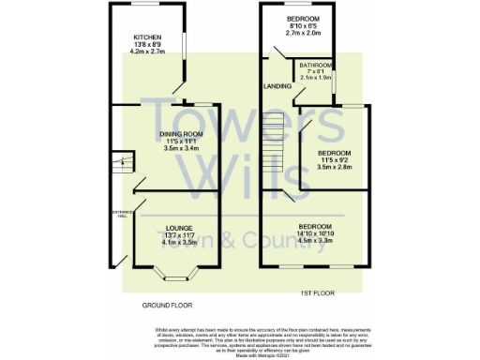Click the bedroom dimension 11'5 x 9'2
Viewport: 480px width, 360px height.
[x=335, y=160]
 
